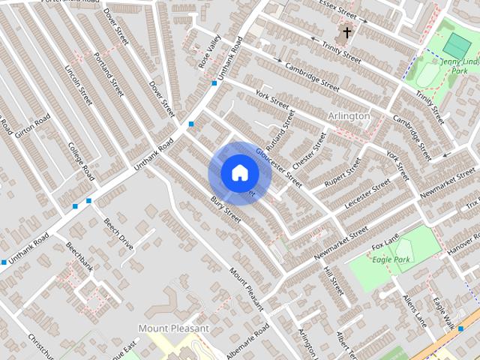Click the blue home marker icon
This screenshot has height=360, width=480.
(x=239, y=173)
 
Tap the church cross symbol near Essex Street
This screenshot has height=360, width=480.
(x=347, y=32)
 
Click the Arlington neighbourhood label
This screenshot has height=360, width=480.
(x=349, y=116)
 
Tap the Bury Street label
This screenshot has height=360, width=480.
(x=226, y=209)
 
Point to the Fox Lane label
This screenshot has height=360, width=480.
(x=387, y=244)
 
